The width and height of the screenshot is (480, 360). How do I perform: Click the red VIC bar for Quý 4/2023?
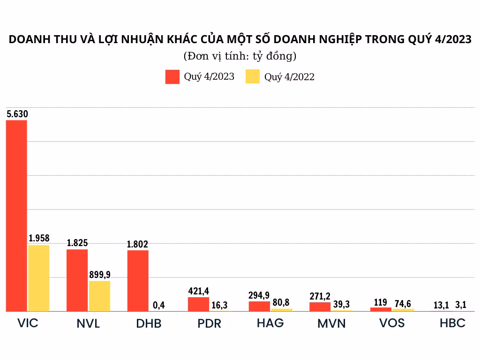16,216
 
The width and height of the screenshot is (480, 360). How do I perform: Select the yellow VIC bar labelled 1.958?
38,278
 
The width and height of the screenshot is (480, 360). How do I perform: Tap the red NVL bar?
77,280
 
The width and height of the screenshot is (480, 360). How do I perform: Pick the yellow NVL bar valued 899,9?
99,296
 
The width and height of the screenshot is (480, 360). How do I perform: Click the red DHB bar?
138,281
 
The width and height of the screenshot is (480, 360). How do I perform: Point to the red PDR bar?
198,304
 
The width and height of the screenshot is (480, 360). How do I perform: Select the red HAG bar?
259,306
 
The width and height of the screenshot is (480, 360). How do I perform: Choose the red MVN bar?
320,307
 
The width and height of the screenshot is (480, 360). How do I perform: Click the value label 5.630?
17,113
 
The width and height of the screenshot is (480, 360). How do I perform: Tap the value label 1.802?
138,244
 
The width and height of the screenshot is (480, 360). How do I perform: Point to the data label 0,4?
159,306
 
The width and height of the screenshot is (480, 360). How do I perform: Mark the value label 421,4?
199,291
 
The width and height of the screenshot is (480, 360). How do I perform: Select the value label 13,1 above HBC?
442,306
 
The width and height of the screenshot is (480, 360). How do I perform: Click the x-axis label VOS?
392,323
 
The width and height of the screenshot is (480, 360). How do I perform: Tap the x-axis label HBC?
452,323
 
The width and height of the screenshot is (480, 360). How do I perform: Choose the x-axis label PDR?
209,323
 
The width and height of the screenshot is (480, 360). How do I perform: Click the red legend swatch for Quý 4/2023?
172,77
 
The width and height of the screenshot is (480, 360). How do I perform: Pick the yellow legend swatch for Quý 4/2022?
253,77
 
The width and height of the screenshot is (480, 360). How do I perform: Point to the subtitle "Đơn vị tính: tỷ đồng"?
240,56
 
